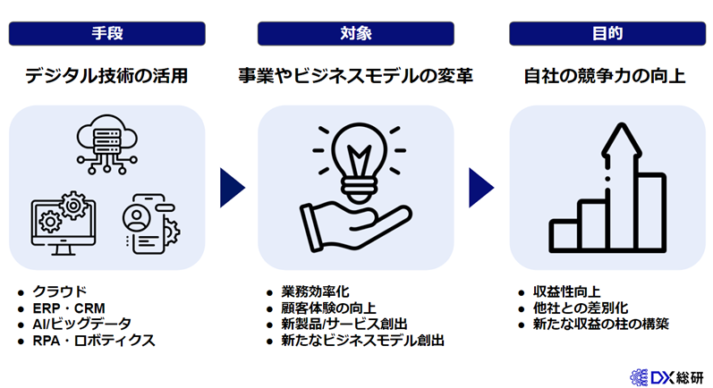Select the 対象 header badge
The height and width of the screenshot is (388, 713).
coord(356,33)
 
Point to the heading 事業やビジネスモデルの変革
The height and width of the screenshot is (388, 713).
coord(356,75)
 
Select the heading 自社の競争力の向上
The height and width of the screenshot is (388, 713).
coord(606,75)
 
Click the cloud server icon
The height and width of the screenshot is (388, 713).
coord(106,143)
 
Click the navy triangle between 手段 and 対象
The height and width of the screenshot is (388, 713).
coord(231,188)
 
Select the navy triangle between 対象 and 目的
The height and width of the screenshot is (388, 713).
coord(481,188)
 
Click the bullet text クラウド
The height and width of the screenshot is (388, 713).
coord(60,291)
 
